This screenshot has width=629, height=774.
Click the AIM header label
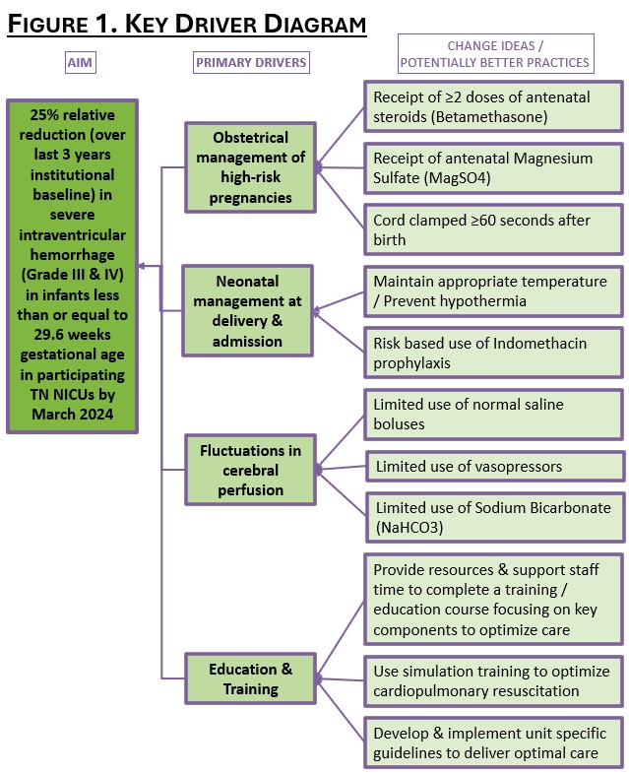(x=81, y=63)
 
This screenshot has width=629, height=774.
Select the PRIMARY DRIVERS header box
(x=251, y=63)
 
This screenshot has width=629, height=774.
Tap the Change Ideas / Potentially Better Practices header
(x=496, y=54)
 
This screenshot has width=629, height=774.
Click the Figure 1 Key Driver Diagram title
(x=187, y=24)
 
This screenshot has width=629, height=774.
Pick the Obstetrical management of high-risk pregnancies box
(x=251, y=167)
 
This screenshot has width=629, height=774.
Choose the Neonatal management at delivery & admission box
(x=248, y=310)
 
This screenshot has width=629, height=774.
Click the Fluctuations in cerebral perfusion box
(x=251, y=470)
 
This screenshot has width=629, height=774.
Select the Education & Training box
(x=251, y=678)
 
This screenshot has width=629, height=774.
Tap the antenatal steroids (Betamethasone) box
(x=493, y=107)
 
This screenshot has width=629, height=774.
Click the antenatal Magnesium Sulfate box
(x=493, y=168)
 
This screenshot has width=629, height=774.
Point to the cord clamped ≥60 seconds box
(x=493, y=229)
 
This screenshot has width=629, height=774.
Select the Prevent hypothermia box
(x=493, y=291)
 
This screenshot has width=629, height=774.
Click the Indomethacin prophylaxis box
(x=493, y=353)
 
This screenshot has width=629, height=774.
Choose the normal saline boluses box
(x=493, y=415)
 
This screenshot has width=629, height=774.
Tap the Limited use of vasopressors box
(x=495, y=466)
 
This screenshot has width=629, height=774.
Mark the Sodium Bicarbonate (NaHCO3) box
(x=495, y=517)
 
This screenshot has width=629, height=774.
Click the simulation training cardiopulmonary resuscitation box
(x=493, y=681)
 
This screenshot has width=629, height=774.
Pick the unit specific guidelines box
(x=493, y=742)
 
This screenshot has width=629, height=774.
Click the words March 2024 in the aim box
(x=73, y=414)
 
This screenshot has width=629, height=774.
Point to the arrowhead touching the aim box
(x=142, y=266)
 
